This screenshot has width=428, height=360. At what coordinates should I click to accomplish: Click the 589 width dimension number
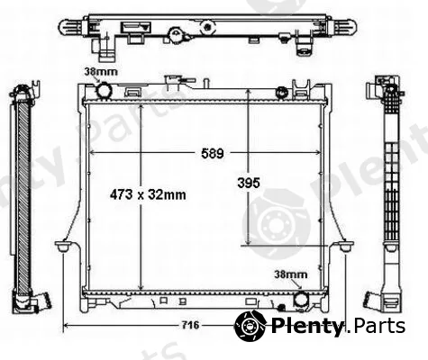tap(213, 153)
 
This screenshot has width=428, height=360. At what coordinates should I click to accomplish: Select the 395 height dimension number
tap(249, 183)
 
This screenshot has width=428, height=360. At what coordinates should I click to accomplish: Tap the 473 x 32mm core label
tap(148, 195)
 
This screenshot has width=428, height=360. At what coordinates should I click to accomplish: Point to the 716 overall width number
tap(190, 325)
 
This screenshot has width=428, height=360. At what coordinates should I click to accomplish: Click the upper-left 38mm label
tap(100, 72)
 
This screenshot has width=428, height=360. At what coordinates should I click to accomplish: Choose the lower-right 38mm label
tap(291, 274)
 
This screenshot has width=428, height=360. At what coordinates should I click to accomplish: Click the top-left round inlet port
tap(104, 90)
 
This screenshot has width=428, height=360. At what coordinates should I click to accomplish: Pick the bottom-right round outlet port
tap(301, 301)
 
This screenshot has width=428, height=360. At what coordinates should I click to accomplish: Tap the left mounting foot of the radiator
tap(62, 247)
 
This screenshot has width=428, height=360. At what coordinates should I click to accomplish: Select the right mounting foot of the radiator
tap(346, 247)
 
